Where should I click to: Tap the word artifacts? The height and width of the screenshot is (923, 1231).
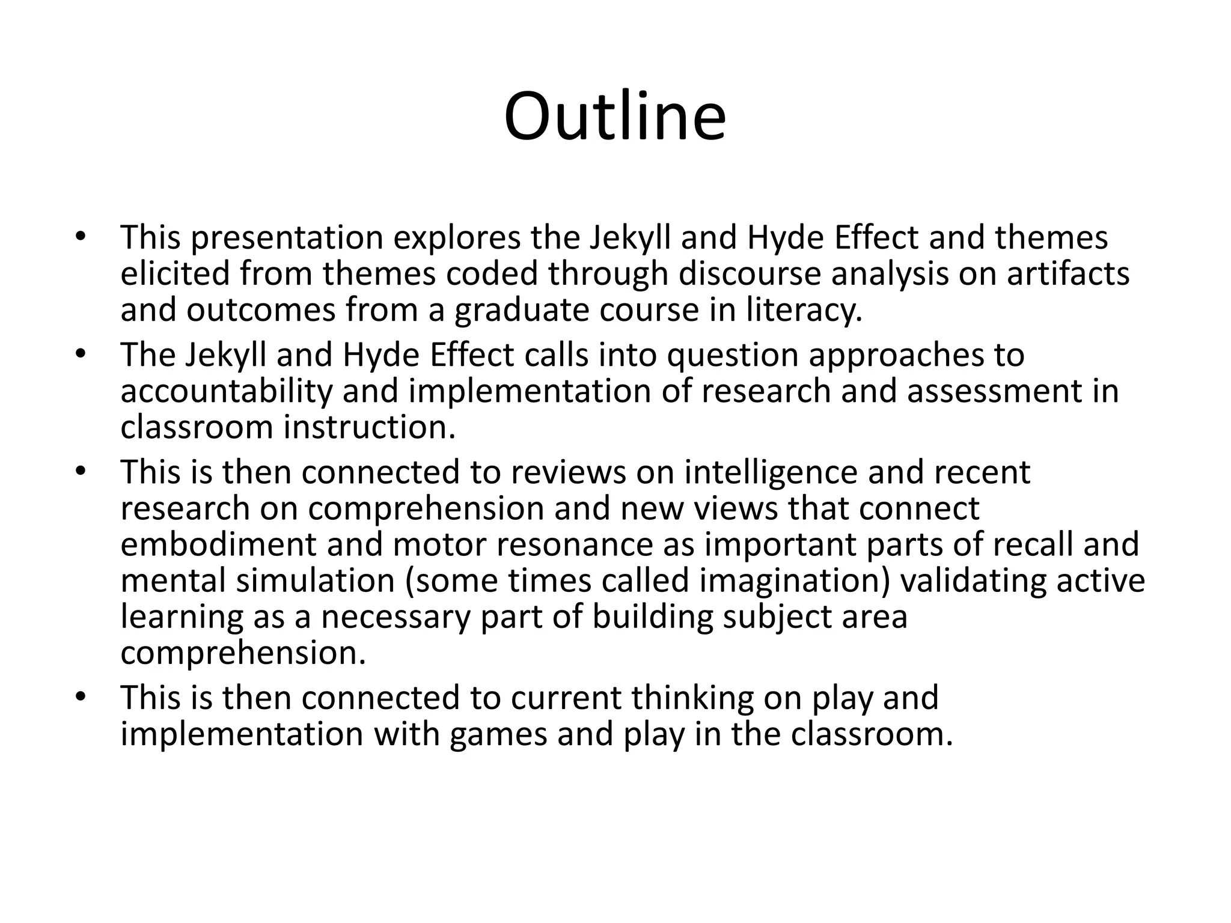pyautogui.click(x=1068, y=274)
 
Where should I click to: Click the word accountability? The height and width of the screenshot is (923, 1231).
pyautogui.click(x=226, y=392)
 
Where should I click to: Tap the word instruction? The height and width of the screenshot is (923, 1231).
pyautogui.click(x=370, y=428)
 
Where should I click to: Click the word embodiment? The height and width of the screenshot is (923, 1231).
pyautogui.click(x=218, y=545)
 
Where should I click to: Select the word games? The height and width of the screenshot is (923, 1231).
pyautogui.click(x=498, y=735)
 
